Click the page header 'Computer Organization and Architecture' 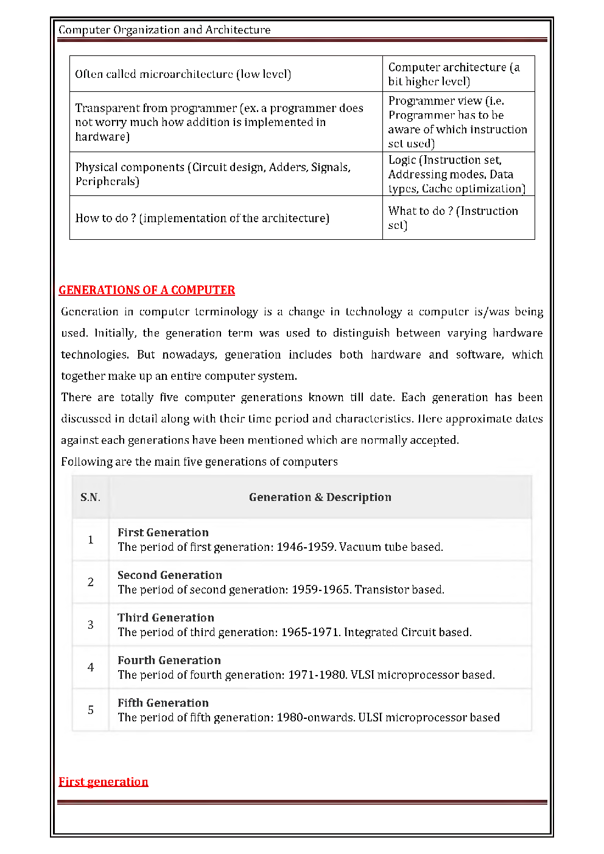click(164, 30)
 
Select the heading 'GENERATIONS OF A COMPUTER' click(147, 290)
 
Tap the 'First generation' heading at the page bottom click(104, 782)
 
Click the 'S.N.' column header click(90, 497)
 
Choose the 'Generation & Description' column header click(320, 497)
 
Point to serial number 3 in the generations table click(91, 625)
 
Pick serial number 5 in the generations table click(91, 710)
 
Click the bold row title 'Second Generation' click(170, 575)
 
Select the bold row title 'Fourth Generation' click(169, 660)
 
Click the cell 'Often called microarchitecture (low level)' click(183, 74)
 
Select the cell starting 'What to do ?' click(453, 218)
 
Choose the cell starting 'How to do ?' click(202, 218)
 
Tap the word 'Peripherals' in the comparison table click(107, 181)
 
